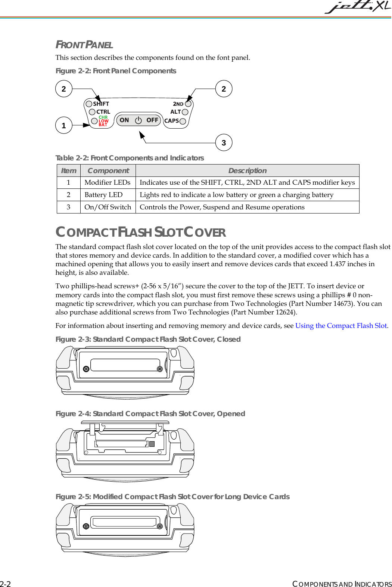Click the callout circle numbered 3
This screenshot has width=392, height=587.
[x=224, y=142]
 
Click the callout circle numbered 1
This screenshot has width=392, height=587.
[x=64, y=125]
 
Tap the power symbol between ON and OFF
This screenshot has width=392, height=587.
[x=139, y=120]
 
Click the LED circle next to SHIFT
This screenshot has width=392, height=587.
[x=89, y=104]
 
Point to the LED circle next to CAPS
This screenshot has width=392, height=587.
[x=183, y=121]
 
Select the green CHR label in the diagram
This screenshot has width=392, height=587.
[x=103, y=117]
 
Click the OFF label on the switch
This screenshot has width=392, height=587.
[x=152, y=120]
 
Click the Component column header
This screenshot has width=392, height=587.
[x=108, y=170]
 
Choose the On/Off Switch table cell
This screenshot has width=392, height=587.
[x=108, y=207]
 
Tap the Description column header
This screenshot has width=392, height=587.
[x=247, y=170]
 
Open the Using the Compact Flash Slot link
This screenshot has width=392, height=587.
[x=341, y=326]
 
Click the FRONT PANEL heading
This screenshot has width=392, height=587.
[x=84, y=45]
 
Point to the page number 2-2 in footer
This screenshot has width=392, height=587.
[x=5, y=584]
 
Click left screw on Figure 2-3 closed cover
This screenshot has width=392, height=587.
[x=86, y=369]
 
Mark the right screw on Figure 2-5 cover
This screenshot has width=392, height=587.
[x=160, y=526]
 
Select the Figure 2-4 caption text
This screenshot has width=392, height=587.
[x=150, y=414]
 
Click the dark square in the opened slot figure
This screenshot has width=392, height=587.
[x=152, y=444]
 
